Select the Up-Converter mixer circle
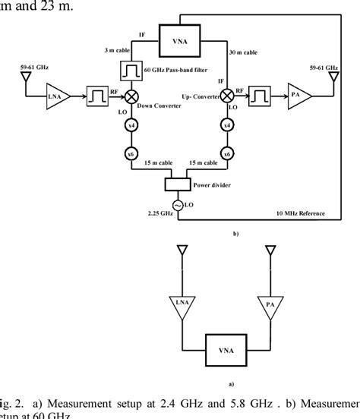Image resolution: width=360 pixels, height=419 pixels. pos(227,96)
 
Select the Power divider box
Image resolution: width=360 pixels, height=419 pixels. pos(178,185)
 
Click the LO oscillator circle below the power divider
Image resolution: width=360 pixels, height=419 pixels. pos(179,205)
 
